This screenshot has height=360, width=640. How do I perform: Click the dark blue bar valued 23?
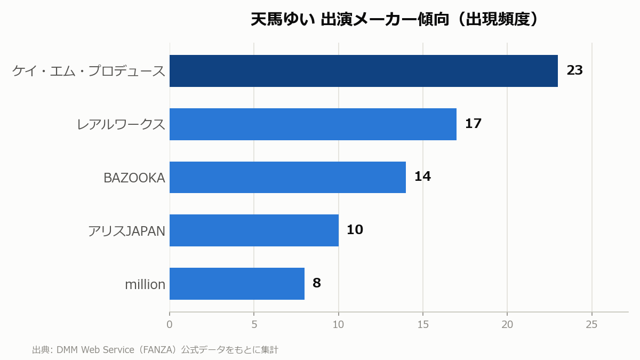pyautogui.click(x=363, y=71)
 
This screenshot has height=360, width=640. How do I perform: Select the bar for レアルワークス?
pyautogui.click(x=313, y=124)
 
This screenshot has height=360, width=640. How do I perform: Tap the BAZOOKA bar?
pyautogui.click(x=287, y=178)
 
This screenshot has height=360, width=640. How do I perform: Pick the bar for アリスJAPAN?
pyautogui.click(x=254, y=230)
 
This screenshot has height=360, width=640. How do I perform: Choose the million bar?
pyautogui.click(x=237, y=284)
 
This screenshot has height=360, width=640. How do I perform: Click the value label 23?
pyautogui.click(x=574, y=70)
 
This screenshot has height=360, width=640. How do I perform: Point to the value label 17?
pyautogui.click(x=473, y=124)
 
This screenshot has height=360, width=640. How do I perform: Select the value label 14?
pyautogui.click(x=422, y=177)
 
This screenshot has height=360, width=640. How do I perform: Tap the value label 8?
pyautogui.click(x=317, y=283)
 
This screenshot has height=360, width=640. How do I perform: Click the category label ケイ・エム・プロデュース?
pyautogui.click(x=89, y=71)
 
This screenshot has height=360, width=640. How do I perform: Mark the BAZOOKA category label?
pyautogui.click(x=134, y=178)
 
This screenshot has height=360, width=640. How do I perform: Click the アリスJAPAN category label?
pyautogui.click(x=126, y=231)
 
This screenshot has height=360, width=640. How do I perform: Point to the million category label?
pyautogui.click(x=145, y=285)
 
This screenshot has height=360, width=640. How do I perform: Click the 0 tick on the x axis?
pyautogui.click(x=170, y=325)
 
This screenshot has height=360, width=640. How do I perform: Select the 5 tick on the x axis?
pyautogui.click(x=254, y=325)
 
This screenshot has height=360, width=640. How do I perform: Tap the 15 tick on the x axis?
pyautogui.click(x=423, y=325)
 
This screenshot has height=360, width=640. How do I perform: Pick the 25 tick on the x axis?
pyautogui.click(x=591, y=325)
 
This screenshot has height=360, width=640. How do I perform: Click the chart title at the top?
pyautogui.click(x=395, y=19)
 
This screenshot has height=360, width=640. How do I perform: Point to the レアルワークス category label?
pyautogui.click(x=121, y=125)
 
